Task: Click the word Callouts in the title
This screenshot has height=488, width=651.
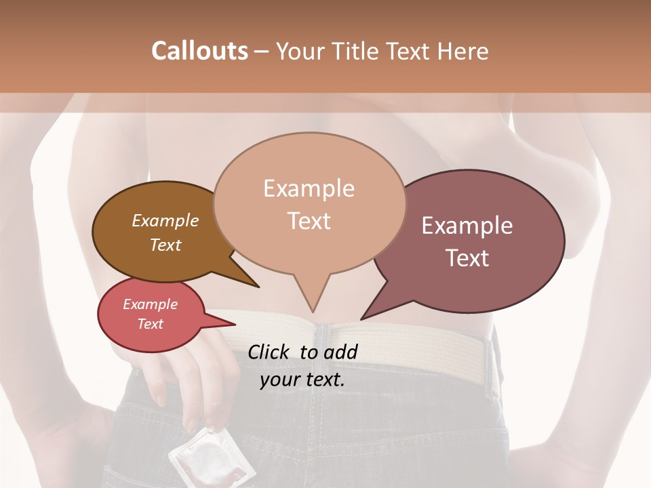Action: [x=199, y=51]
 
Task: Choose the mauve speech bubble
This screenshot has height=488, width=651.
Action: [x=475, y=241]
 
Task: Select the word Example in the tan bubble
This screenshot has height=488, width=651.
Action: [x=309, y=188]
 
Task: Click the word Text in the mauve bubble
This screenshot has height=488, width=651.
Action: [x=468, y=258]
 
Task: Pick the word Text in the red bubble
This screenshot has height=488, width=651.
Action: [x=151, y=324]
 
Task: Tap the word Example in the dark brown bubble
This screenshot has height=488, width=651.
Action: [x=165, y=221]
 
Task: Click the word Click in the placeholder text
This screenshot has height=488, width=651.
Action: [x=269, y=352]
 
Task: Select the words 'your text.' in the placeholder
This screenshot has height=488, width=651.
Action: [x=302, y=380]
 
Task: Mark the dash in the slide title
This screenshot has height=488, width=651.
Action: [x=262, y=52]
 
